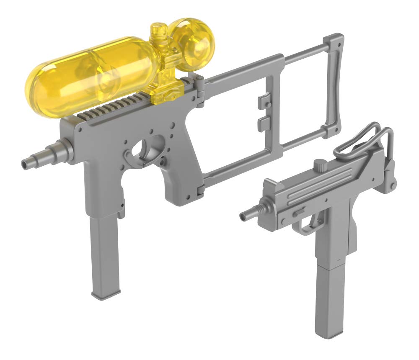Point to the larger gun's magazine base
[107, 294]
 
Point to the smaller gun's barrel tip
[243, 216]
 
